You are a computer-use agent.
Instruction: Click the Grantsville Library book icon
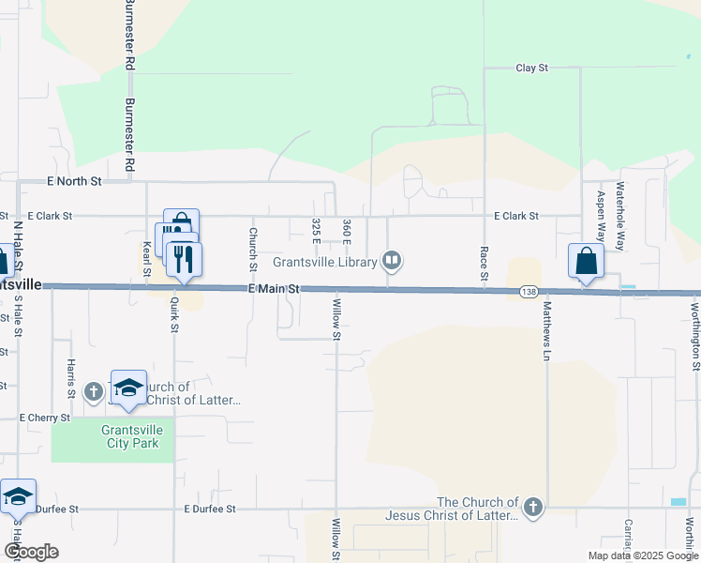click(x=394, y=261)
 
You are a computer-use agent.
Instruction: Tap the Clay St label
click(x=531, y=68)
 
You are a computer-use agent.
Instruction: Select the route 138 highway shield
click(x=529, y=292)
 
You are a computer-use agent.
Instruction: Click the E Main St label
click(x=274, y=290)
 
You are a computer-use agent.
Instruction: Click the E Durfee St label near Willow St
click(x=210, y=509)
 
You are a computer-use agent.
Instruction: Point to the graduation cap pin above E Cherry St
click(x=128, y=388)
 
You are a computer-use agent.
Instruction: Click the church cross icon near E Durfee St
click(x=532, y=509)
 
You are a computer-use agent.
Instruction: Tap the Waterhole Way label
click(x=619, y=216)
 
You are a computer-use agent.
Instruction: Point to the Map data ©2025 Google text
click(x=643, y=555)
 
